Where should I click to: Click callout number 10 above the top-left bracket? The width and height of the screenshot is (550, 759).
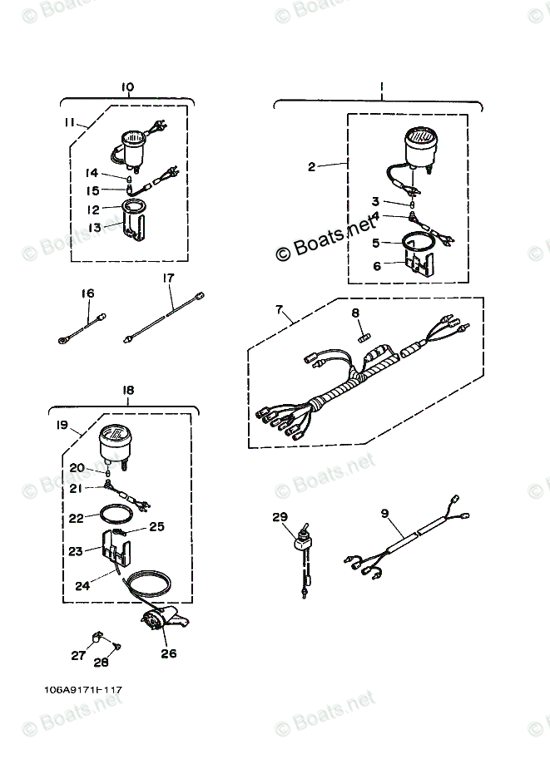pyautogui.click(x=127, y=87)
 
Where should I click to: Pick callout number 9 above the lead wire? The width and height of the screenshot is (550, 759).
pyautogui.click(x=384, y=514)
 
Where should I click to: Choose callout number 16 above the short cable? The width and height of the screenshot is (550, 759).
pyautogui.click(x=87, y=293)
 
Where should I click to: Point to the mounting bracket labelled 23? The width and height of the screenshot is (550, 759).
pyautogui.click(x=116, y=550)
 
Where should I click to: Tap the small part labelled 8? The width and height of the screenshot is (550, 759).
pyautogui.click(x=362, y=335)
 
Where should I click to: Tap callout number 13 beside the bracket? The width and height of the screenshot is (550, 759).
pyautogui.click(x=95, y=227)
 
